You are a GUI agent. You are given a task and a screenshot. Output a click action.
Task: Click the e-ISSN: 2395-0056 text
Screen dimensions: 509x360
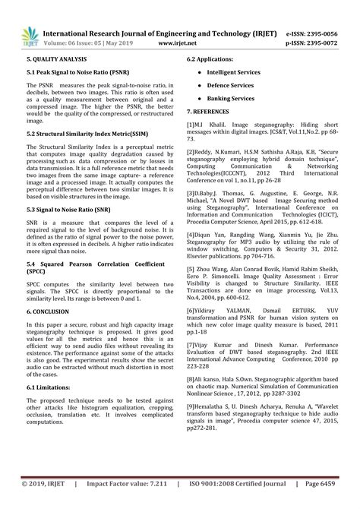321,13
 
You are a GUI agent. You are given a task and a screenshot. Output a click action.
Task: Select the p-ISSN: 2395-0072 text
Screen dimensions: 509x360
321,23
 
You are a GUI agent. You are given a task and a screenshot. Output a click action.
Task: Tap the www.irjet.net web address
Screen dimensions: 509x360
179,24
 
